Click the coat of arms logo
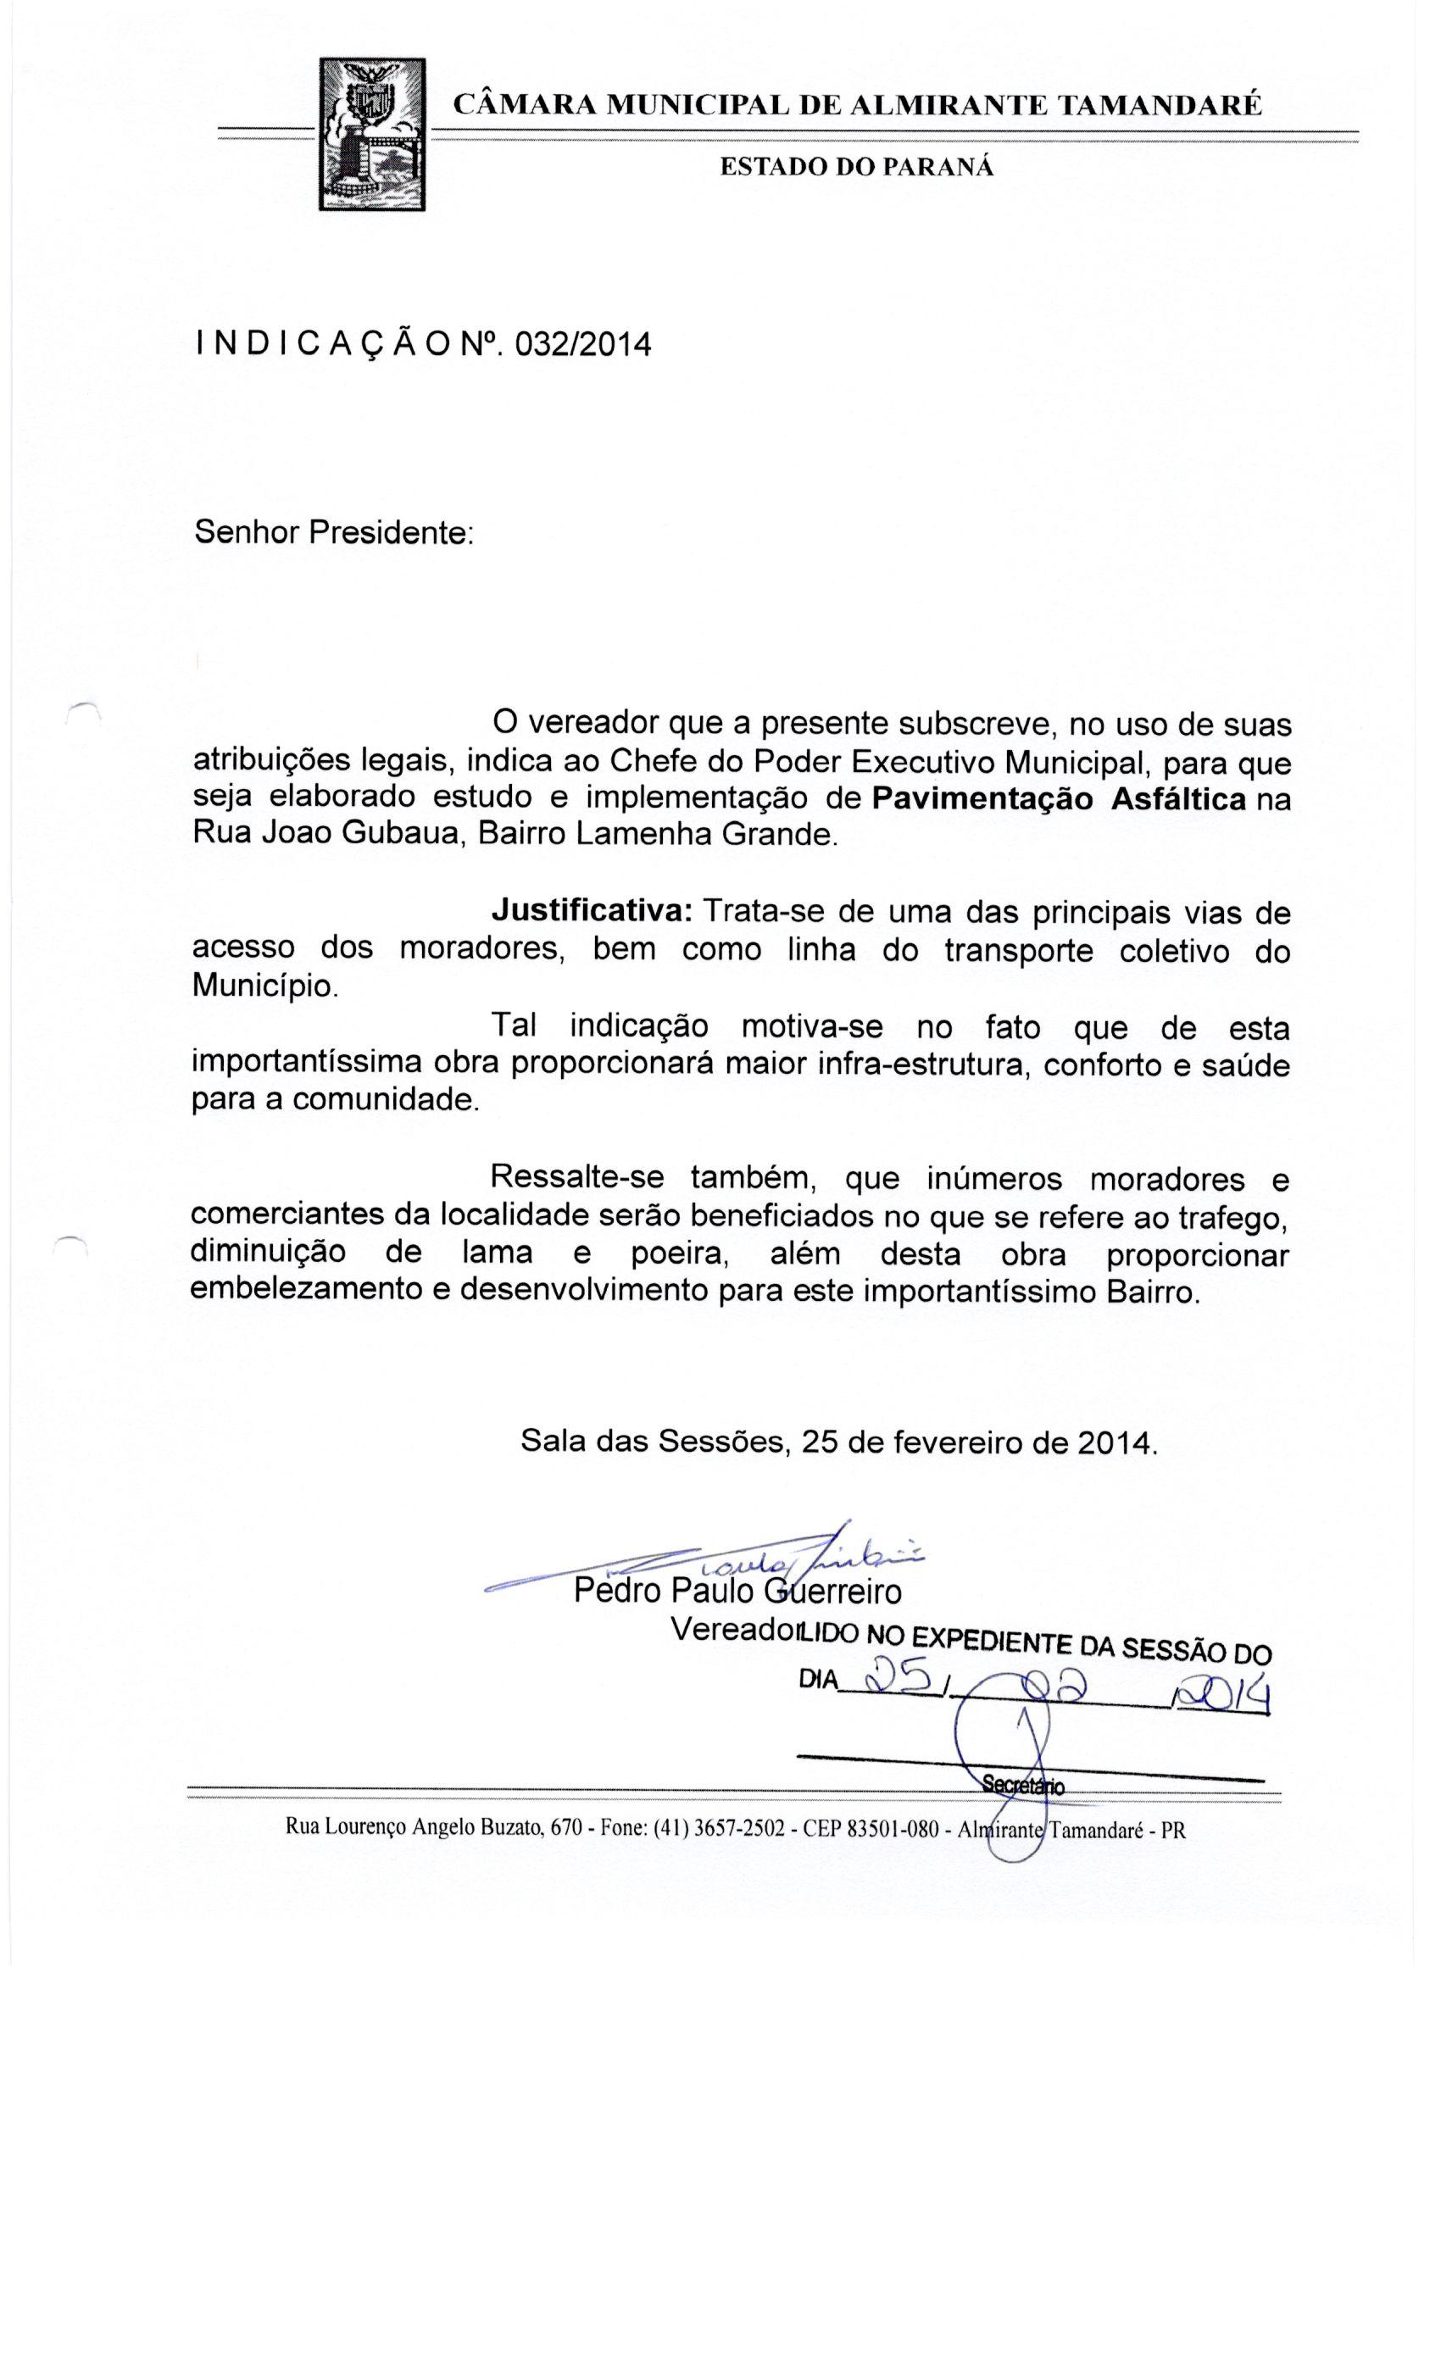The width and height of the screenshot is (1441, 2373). point(372,134)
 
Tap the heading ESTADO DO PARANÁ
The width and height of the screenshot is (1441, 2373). point(856,167)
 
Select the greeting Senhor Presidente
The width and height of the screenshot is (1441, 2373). point(333,531)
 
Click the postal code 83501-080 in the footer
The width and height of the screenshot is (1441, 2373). point(891,1829)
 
